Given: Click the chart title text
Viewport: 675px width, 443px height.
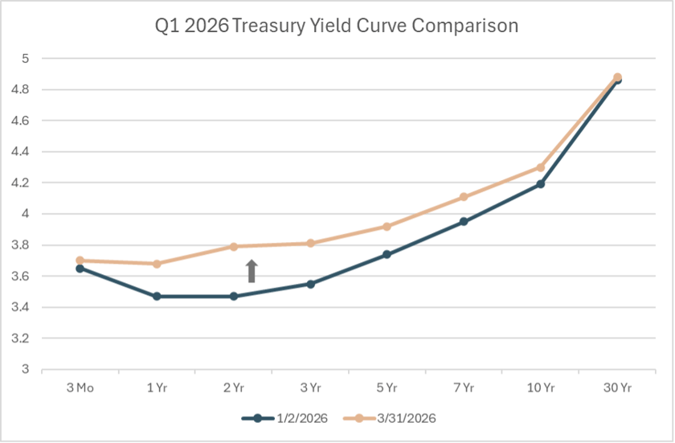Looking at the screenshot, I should tap(336, 26).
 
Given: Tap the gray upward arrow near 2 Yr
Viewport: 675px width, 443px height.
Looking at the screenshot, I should tap(252, 271).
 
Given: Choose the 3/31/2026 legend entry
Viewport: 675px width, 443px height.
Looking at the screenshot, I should tap(389, 418).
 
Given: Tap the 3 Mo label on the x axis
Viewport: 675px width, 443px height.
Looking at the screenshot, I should tap(80, 388).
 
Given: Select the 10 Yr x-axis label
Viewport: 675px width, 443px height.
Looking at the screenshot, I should tap(541, 388).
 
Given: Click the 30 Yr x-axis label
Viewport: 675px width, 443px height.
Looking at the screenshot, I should tap(617, 388).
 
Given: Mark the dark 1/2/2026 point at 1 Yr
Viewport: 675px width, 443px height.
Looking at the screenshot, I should tap(157, 297).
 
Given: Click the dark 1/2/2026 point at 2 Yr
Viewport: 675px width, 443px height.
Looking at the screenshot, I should tap(234, 297).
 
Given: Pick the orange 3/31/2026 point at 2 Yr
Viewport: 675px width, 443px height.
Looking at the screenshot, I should tap(234, 247).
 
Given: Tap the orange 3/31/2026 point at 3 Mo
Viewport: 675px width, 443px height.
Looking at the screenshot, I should tap(80, 260).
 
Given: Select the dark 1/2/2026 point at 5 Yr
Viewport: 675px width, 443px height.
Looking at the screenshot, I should tap(387, 254).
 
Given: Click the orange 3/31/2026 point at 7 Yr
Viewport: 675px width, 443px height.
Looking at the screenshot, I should tap(464, 197).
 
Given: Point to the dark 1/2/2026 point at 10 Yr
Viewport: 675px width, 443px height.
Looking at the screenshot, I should tap(541, 184).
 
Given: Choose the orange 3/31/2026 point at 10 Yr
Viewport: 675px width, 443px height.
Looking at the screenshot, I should tap(541, 167).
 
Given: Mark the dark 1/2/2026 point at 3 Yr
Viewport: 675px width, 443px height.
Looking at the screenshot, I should tap(310, 284).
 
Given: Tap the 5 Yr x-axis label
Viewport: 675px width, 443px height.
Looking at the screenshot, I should tap(387, 388).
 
